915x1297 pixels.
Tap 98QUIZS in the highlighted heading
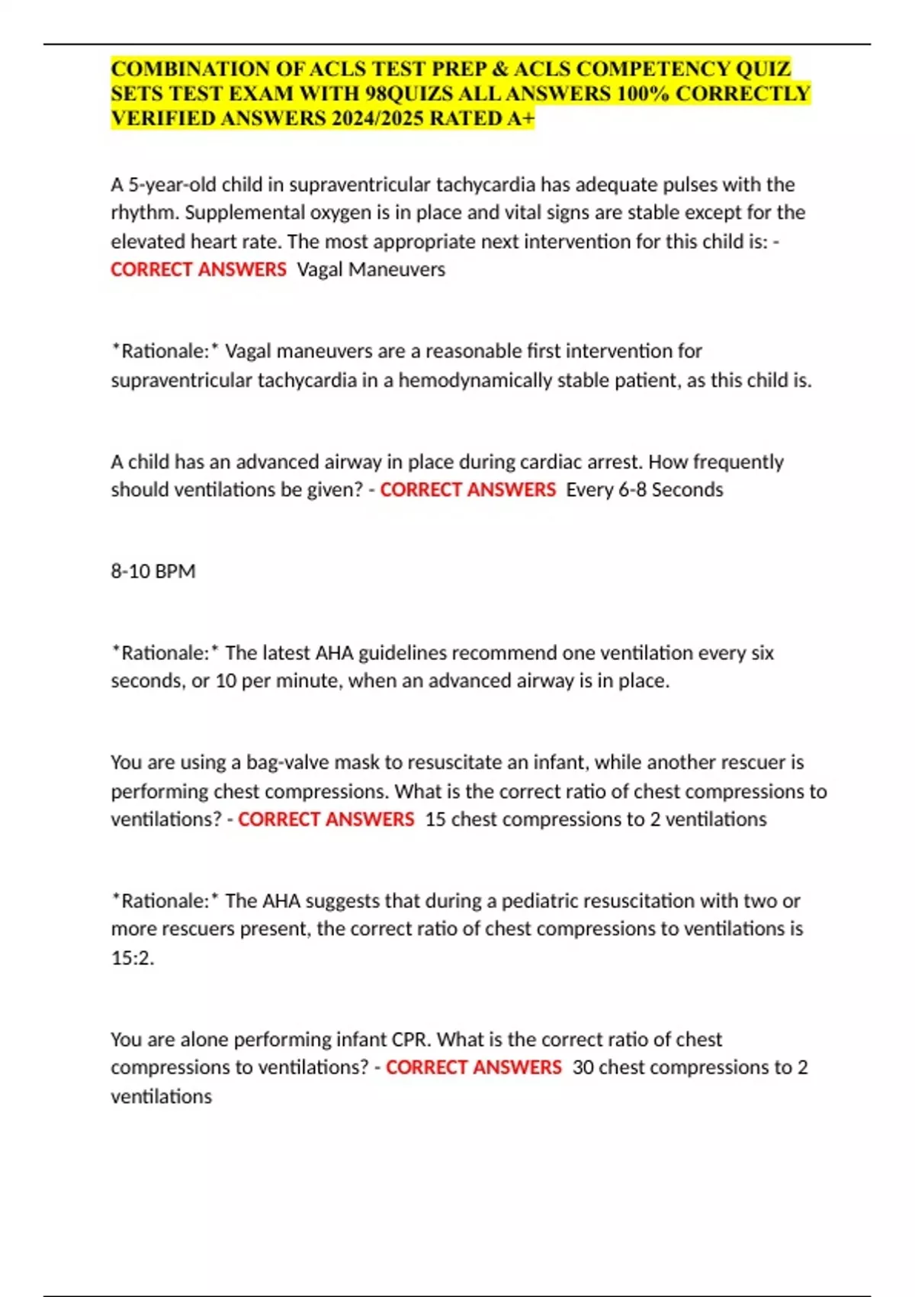click(405, 94)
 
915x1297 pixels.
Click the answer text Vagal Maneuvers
click(371, 269)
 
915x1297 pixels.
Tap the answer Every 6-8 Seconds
click(644, 490)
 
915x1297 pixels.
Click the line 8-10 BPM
click(153, 571)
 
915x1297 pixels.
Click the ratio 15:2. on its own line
click(133, 957)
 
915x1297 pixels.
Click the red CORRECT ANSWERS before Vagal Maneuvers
click(198, 269)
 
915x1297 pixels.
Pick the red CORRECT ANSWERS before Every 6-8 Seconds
click(468, 490)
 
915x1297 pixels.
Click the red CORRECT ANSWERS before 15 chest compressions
click(326, 819)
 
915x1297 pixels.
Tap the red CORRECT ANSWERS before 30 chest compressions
click(474, 1067)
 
